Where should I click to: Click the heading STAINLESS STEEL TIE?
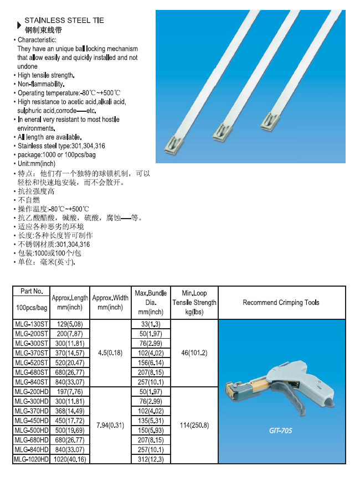click(x=64, y=20)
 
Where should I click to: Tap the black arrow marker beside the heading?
click(x=19, y=25)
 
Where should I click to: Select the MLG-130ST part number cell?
click(x=31, y=324)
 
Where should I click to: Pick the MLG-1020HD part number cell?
click(x=31, y=459)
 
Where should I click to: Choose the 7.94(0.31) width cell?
click(x=110, y=425)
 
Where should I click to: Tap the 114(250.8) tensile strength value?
click(x=194, y=425)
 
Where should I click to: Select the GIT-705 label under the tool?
click(x=281, y=430)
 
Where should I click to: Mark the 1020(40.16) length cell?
click(x=70, y=459)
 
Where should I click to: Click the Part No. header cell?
click(x=31, y=291)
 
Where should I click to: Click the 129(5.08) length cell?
click(x=70, y=324)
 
